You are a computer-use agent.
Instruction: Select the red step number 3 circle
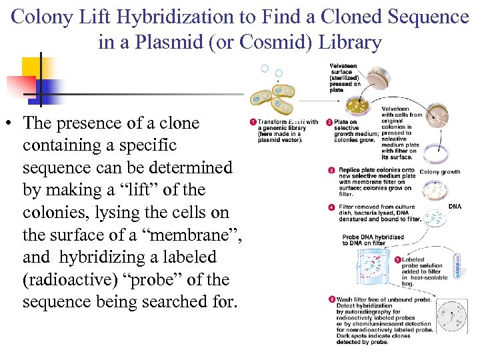(332, 170)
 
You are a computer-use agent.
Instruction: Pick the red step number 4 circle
(332, 207)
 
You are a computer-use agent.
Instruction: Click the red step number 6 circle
(332, 299)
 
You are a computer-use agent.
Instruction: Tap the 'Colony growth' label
(439, 172)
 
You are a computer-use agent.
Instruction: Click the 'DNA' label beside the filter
(455, 207)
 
